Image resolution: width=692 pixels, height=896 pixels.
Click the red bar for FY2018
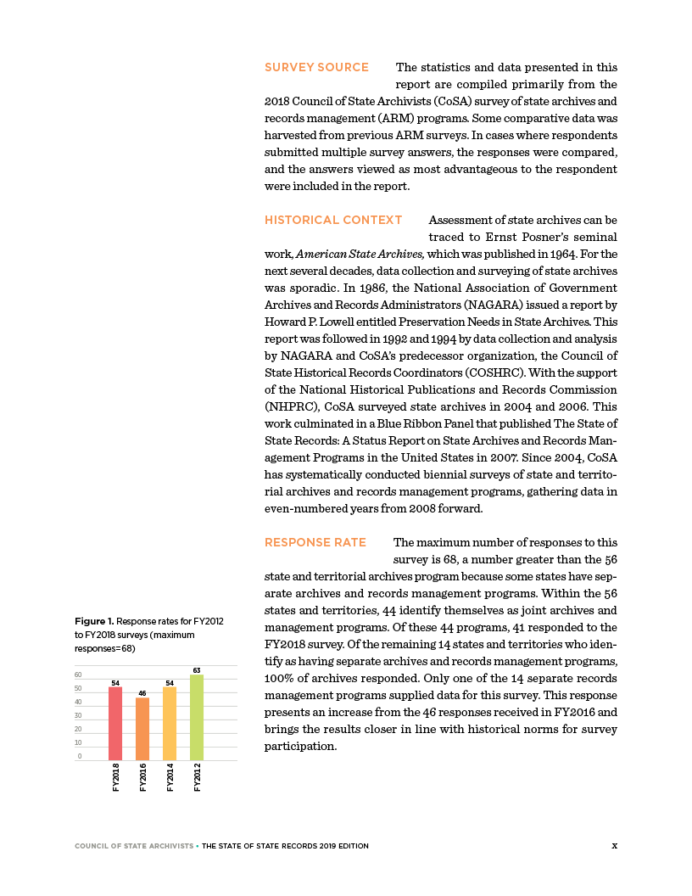115,724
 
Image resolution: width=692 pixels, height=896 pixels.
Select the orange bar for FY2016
142,729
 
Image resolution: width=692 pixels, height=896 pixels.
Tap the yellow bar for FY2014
170,724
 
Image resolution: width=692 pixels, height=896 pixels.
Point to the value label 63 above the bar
197,671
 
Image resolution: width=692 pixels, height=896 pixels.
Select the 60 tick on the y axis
78,675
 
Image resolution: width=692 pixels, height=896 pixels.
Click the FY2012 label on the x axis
198,777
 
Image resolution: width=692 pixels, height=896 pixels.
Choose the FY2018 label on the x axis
116,777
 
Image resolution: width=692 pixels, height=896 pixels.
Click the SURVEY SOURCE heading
316,67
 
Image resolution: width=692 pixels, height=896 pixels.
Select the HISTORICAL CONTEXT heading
333,220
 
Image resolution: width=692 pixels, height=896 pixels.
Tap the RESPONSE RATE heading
315,542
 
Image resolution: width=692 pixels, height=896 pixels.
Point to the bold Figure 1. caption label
94,622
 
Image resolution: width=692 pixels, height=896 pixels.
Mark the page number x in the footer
615,845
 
